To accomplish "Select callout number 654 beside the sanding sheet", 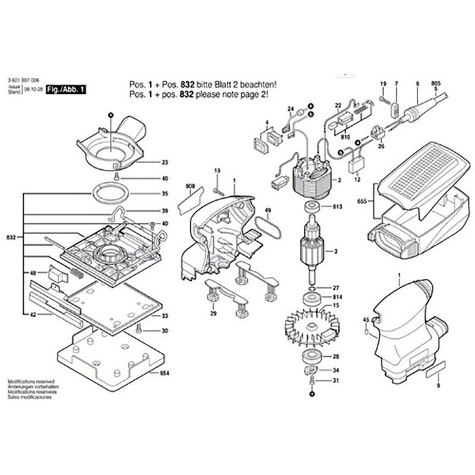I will pos(164,373).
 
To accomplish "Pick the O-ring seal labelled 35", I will pos(110,194).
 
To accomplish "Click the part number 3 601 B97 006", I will pos(23,80).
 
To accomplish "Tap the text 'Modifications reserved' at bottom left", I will pos(30,381).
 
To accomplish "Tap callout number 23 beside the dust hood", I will pos(164,163).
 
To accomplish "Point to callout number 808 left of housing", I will pos(190,186).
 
